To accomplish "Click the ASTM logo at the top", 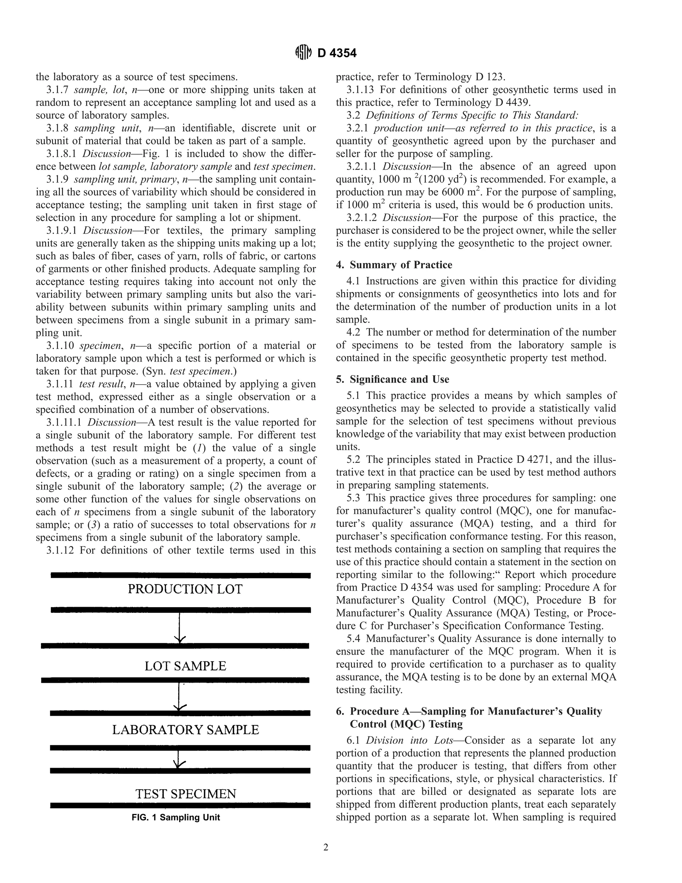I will [303, 53].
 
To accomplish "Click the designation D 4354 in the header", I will [337, 53].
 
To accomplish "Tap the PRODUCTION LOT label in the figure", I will [185, 589].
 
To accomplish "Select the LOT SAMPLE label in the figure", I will [185, 666].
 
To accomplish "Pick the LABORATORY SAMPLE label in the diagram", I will [185, 730].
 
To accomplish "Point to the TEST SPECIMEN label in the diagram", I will [185, 794].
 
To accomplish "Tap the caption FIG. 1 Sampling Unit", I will [176, 817].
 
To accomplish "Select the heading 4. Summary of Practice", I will [394, 265].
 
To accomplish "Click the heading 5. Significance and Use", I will [392, 379].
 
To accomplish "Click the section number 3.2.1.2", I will [361, 218].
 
